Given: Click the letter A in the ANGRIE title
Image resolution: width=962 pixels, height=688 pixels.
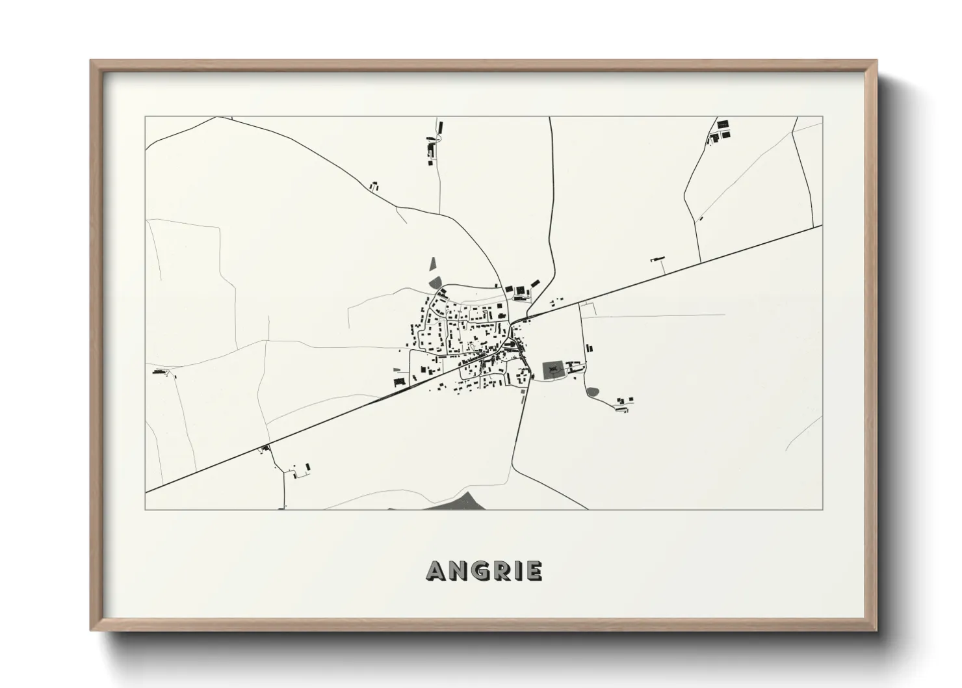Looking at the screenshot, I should click(436, 571).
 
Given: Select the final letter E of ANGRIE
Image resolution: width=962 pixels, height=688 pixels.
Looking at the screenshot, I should click(534, 571).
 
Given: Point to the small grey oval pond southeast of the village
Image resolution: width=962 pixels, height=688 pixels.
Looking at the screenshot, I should click(592, 391).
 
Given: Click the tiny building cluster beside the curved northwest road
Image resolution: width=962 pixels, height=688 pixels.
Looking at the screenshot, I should click(374, 186).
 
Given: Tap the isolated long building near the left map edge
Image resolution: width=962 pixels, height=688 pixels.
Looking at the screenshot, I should click(159, 372).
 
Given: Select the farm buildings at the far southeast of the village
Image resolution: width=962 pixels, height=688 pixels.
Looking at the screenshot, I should click(623, 403).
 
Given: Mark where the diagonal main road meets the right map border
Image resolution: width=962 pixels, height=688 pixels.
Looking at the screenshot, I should click(822, 226).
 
